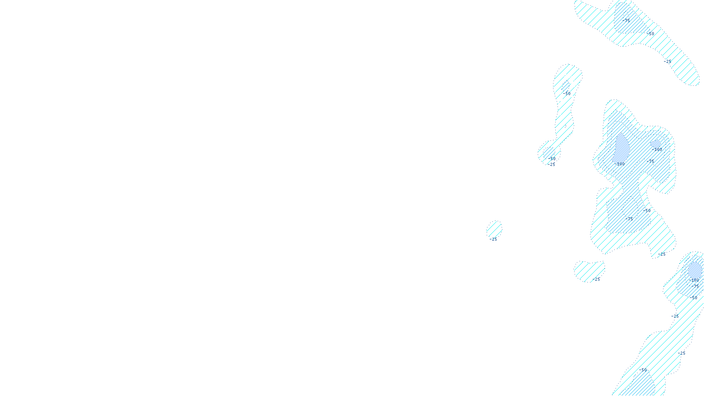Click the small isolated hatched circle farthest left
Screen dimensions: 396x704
coord(494,229)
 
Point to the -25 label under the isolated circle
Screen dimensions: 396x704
coord(493,239)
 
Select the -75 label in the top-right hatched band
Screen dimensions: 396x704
coord(626,20)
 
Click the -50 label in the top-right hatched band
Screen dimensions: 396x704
coord(650,33)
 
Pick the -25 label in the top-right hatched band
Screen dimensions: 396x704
coord(668,62)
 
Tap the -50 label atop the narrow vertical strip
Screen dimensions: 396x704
coord(566,93)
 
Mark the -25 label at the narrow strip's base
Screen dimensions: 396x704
coord(551,165)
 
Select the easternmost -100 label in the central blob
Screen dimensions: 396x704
coord(657,150)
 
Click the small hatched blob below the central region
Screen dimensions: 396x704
coord(589,270)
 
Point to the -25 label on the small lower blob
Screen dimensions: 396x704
coord(596,279)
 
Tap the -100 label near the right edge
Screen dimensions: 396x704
coord(694,280)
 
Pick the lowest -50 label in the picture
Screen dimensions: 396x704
coord(644,370)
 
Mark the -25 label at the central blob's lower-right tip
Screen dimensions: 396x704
coord(662,254)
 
